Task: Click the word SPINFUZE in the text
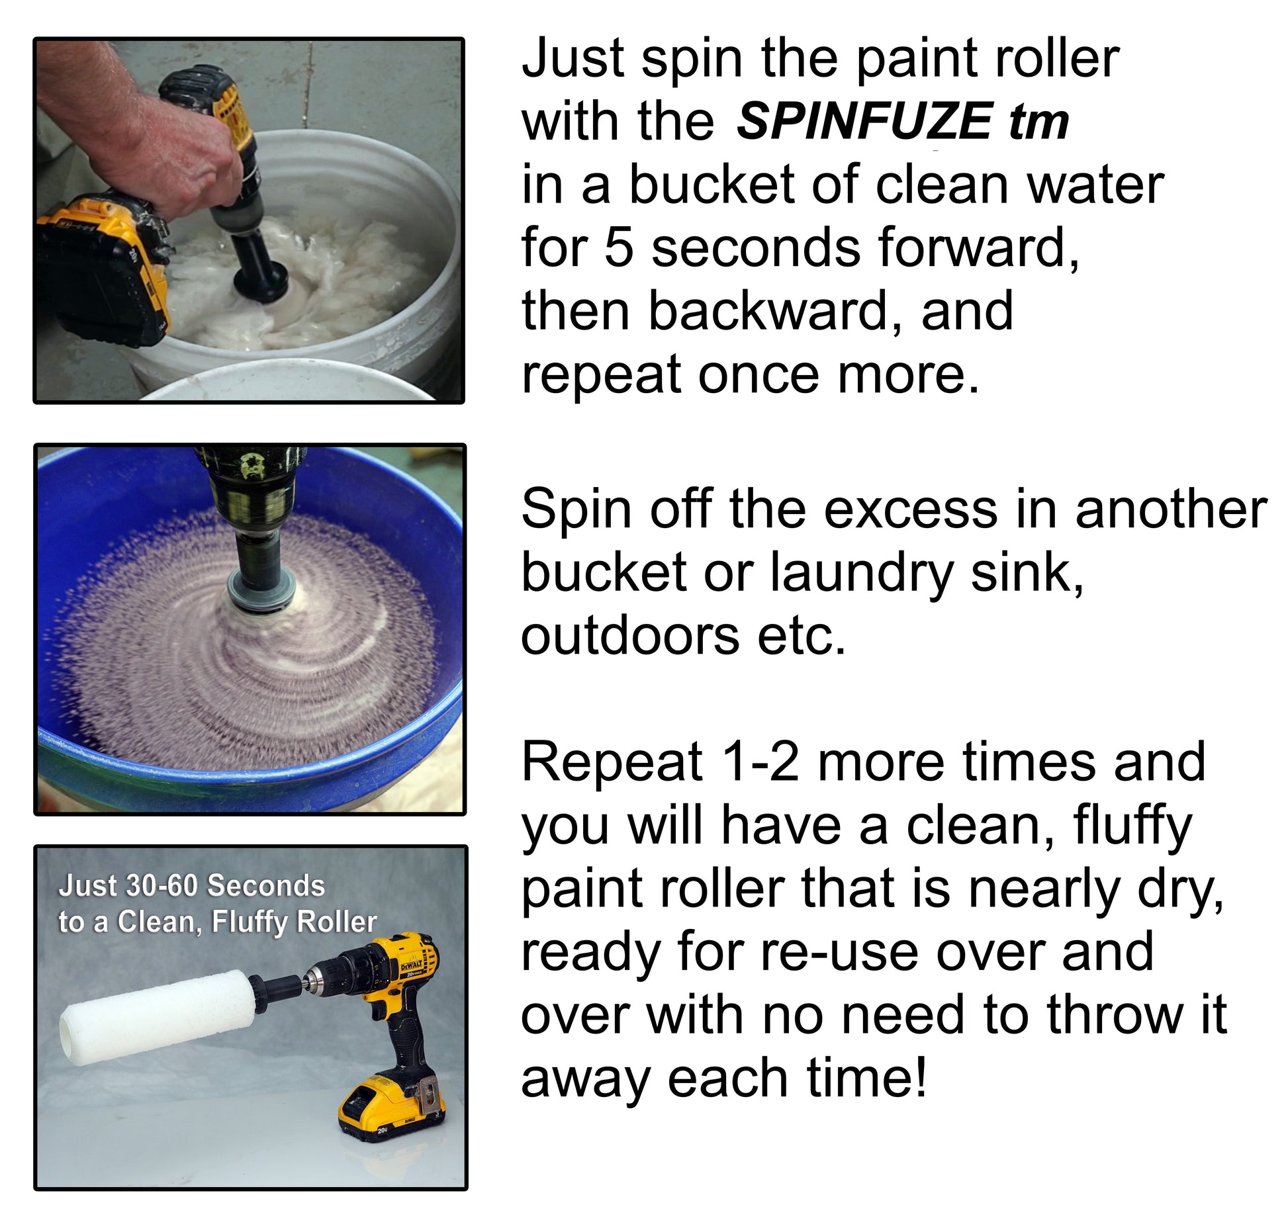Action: pos(864,122)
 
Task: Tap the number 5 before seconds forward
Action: pos(618,249)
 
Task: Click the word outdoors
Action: pos(629,637)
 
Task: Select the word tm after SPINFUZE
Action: pos(1038,122)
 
